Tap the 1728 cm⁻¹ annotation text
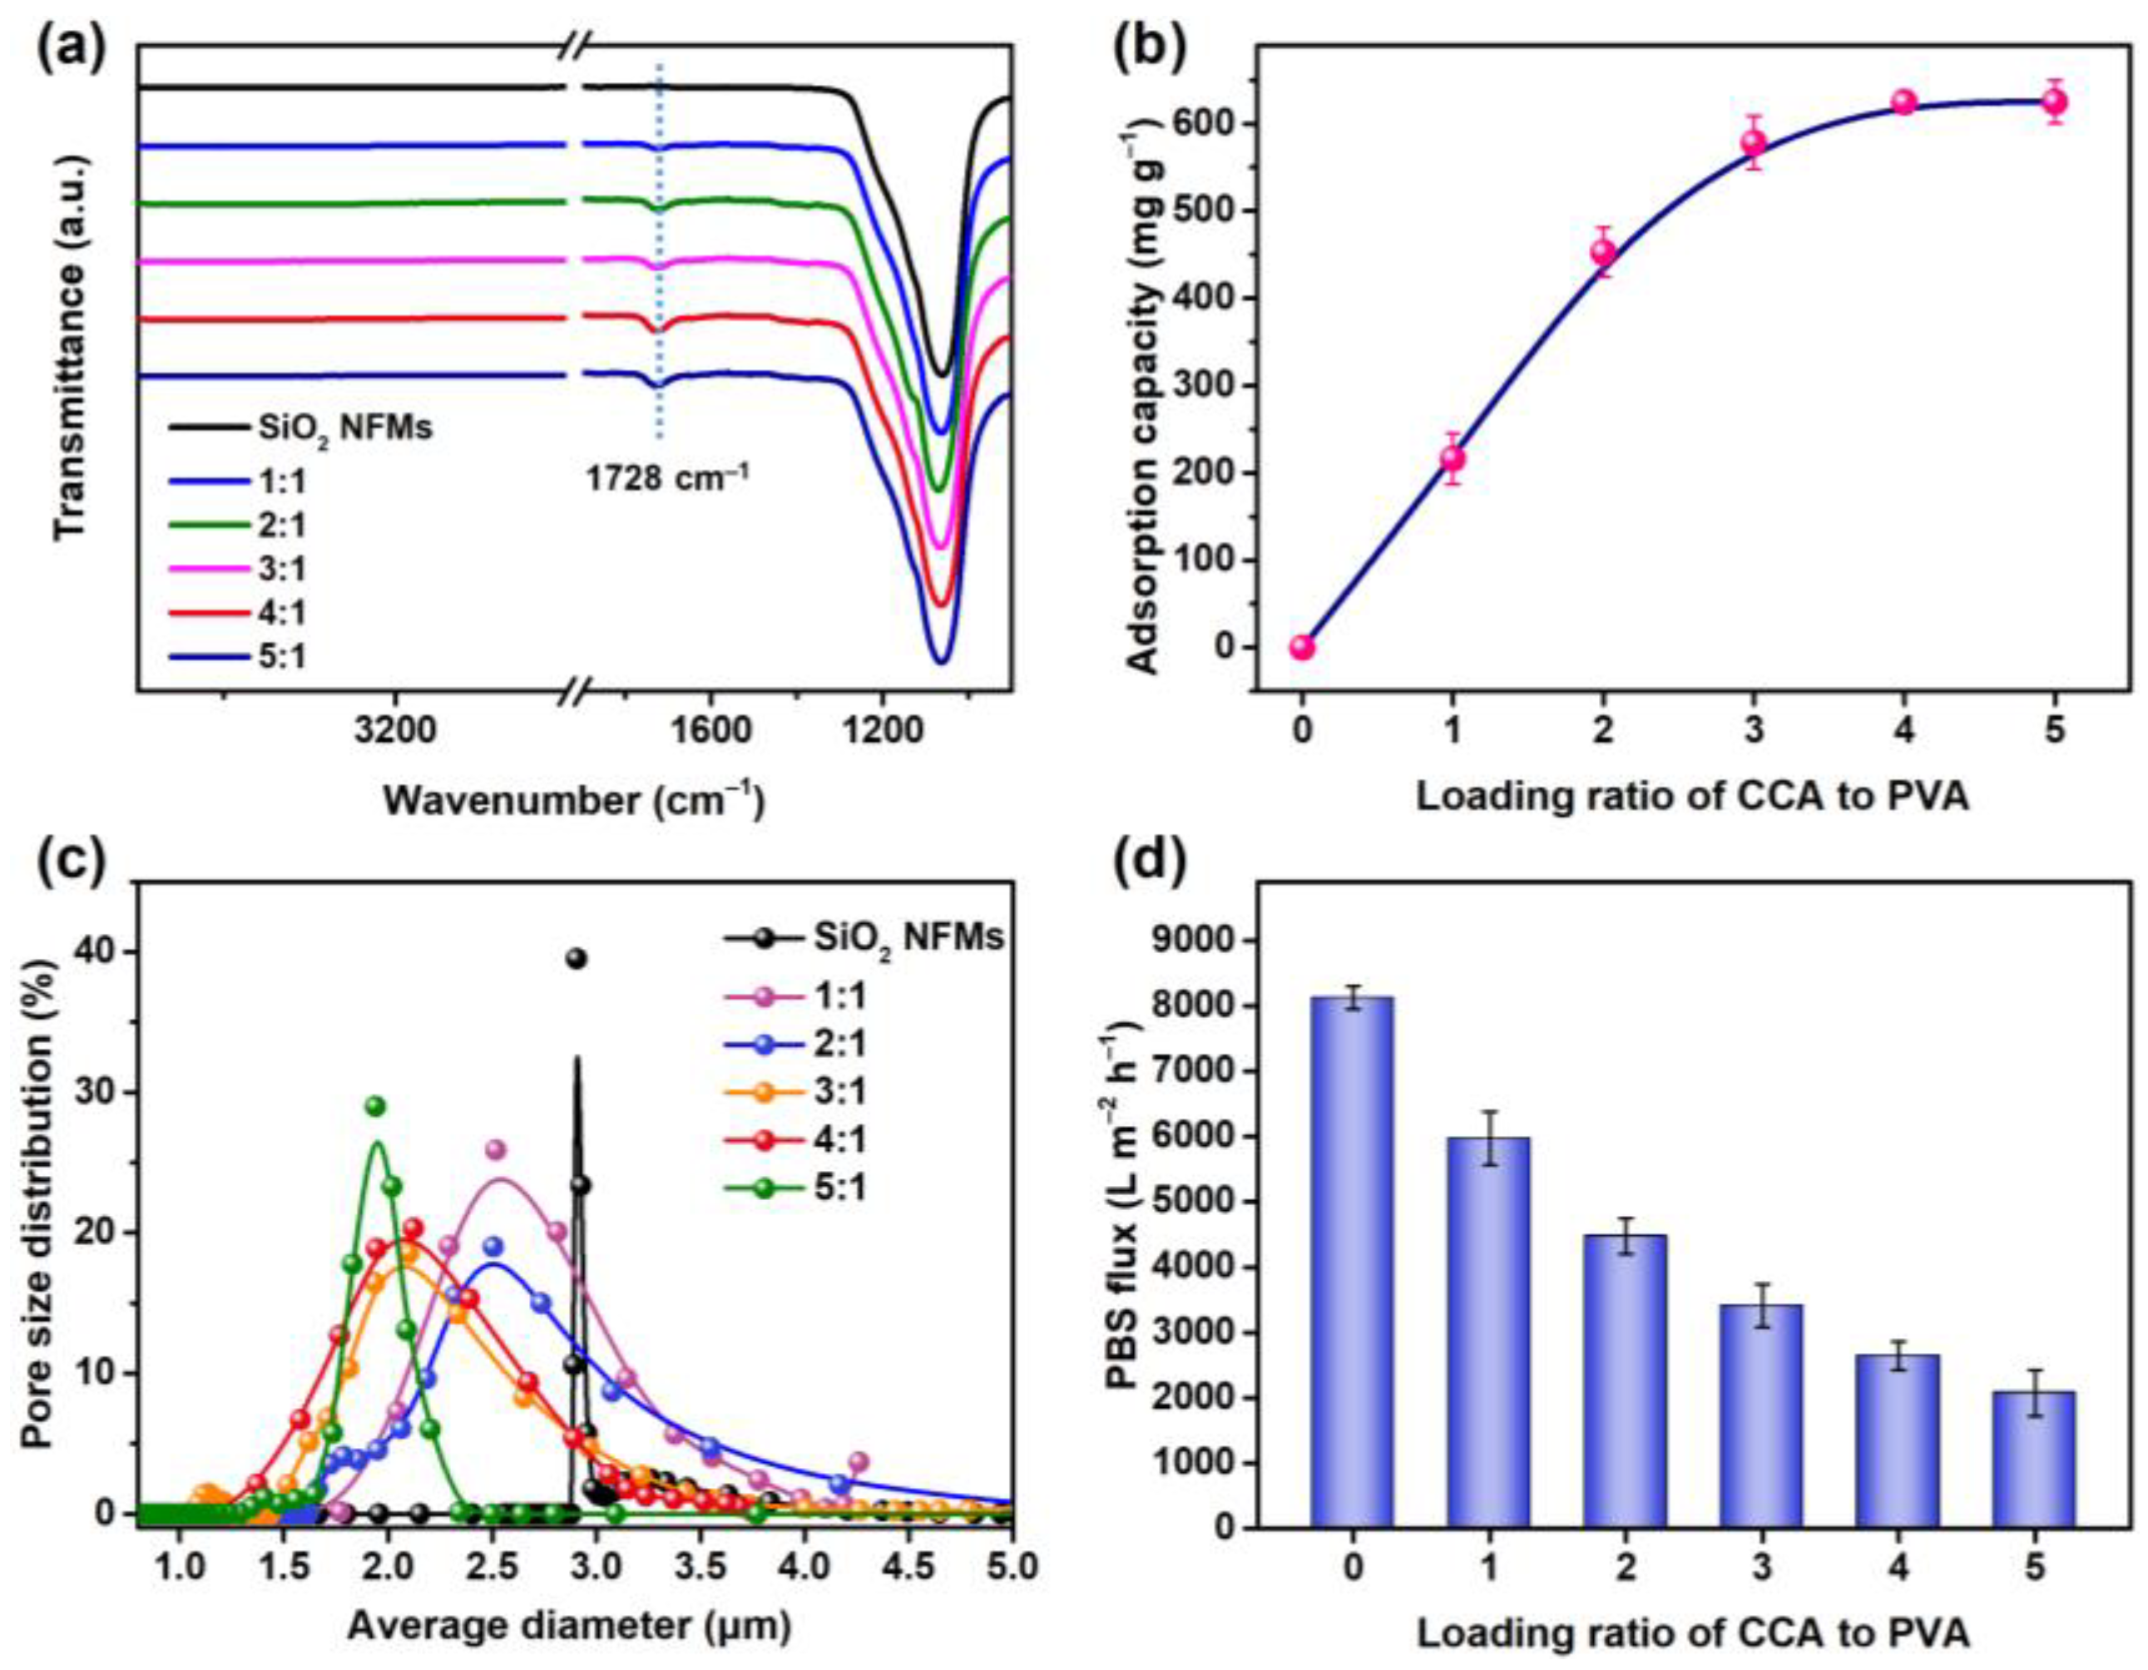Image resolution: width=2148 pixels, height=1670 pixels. (668, 480)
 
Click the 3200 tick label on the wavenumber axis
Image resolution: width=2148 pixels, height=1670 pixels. (395, 731)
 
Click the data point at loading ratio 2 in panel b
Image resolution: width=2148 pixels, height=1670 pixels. (1603, 252)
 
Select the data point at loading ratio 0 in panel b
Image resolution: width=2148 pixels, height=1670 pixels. (1302, 647)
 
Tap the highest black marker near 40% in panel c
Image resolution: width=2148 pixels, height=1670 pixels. (577, 959)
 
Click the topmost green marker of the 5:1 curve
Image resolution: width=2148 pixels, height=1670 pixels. (374, 1105)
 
